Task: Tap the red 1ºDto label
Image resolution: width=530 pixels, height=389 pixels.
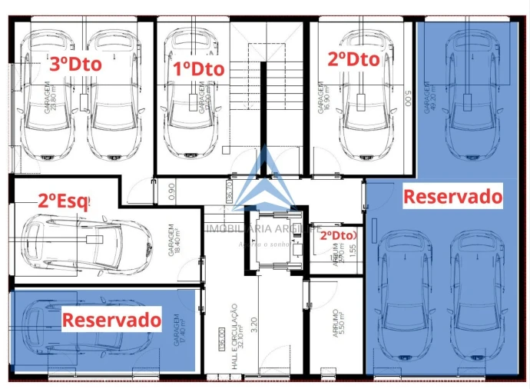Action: click(x=198, y=68)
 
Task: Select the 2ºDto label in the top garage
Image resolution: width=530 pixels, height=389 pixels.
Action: click(x=353, y=59)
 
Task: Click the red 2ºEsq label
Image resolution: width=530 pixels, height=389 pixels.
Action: click(x=64, y=202)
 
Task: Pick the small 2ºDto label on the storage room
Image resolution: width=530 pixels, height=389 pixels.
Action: click(x=337, y=234)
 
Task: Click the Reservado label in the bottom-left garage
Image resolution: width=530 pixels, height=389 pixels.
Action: click(x=111, y=319)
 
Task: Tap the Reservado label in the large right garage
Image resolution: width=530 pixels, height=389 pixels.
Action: click(x=453, y=196)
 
